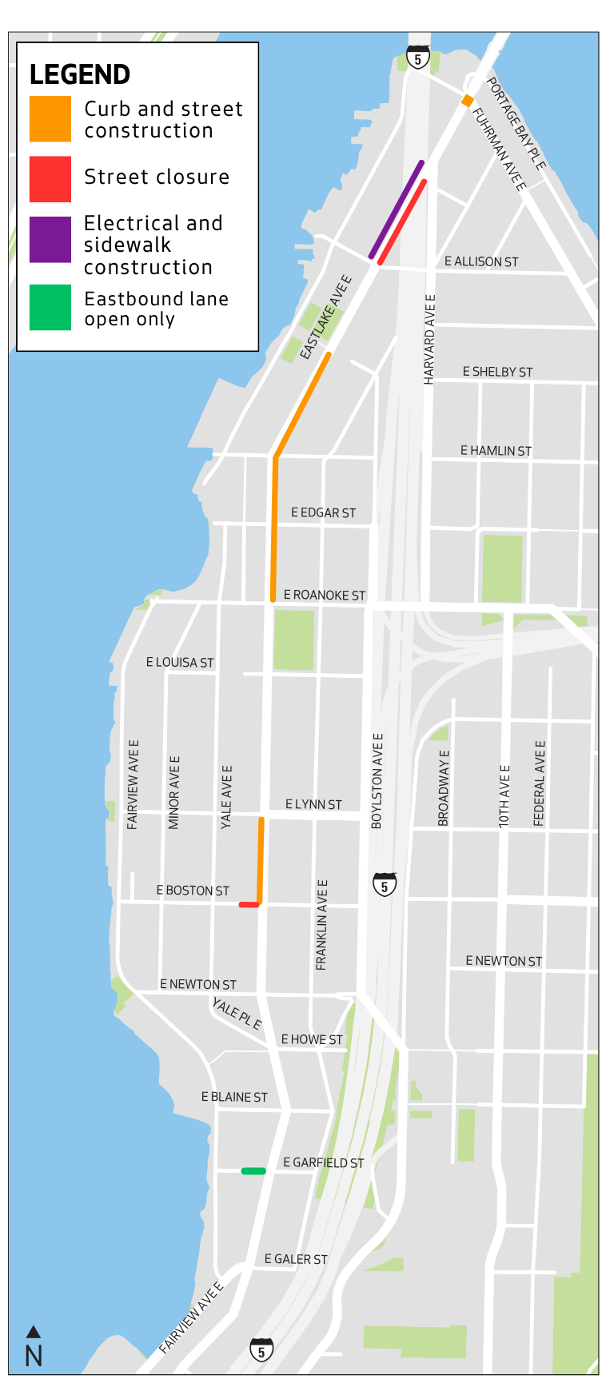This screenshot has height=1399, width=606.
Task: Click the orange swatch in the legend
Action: pos(50,118)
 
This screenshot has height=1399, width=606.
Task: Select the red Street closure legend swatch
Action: pos(50,178)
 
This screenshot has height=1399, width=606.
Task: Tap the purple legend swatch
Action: pos(50,239)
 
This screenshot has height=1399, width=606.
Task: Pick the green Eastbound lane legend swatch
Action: pos(50,307)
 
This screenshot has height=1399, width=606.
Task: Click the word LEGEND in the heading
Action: pos(80,75)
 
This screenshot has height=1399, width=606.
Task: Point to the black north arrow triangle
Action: pos(34,1331)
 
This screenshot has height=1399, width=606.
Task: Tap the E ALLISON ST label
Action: pos(481,261)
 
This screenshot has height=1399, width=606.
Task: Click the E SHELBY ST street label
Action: pos(497,372)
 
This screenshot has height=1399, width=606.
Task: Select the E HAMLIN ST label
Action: pos(496,451)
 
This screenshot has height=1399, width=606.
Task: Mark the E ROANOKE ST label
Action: pos(324,595)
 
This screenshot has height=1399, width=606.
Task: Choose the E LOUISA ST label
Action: pos(180,662)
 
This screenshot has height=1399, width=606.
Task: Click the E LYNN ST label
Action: pos(313,804)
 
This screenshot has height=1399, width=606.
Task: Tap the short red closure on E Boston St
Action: pos(249,905)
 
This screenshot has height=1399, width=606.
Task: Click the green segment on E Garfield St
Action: pos(253,1171)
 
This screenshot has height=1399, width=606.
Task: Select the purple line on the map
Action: pos(397,209)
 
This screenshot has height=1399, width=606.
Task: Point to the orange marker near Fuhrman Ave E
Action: pos(467,101)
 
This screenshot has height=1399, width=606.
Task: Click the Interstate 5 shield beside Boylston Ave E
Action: pos(385,884)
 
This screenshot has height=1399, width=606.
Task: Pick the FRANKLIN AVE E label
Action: pos(321,925)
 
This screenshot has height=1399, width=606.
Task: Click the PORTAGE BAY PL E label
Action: pos(516,124)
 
